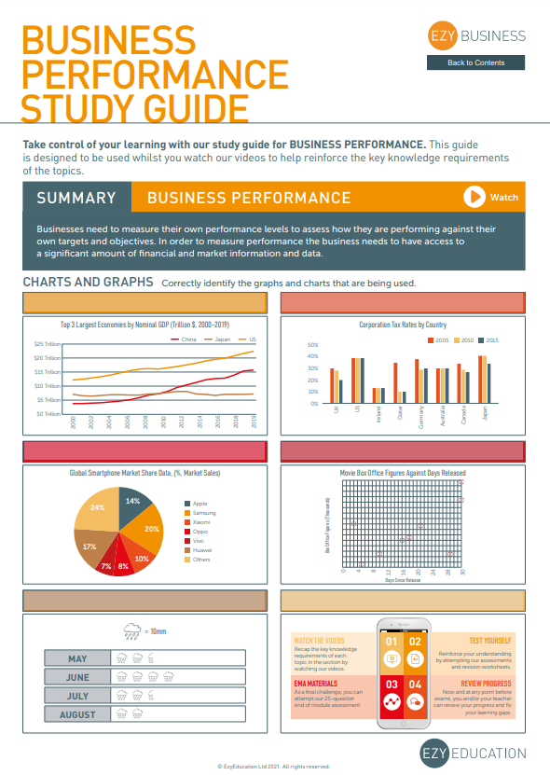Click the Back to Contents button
pos(475,62)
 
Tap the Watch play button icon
pos(474,197)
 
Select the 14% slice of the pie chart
pos(131,504)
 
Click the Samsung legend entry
pos(204,513)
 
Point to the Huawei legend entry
pos(202,549)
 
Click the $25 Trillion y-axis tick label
pos(48,344)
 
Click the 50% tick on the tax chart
pos(313,344)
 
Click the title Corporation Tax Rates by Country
pos(403,325)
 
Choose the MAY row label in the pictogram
pos(77,658)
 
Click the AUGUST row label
pos(77,714)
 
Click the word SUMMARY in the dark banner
pos(76,198)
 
